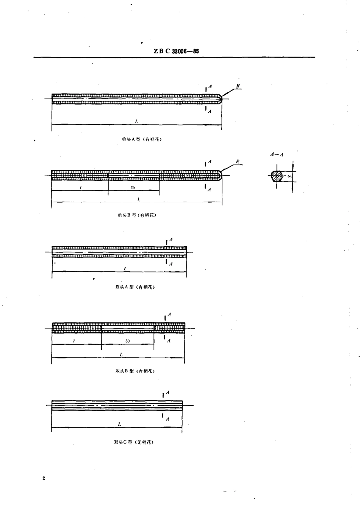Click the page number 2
[x=44, y=479]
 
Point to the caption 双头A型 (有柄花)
[x=135, y=287]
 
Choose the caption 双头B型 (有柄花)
[x=135, y=371]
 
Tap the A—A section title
[x=277, y=155]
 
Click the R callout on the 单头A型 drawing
[x=238, y=86]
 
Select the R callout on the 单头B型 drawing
[x=238, y=162]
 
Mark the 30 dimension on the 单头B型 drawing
[x=133, y=188]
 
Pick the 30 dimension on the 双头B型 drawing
[x=127, y=341]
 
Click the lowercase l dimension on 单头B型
[x=80, y=188]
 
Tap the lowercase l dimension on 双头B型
[x=74, y=341]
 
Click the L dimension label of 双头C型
[x=119, y=424]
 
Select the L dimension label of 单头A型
[x=136, y=121]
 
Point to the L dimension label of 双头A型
[x=125, y=269]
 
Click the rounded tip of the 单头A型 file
[x=220, y=99]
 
